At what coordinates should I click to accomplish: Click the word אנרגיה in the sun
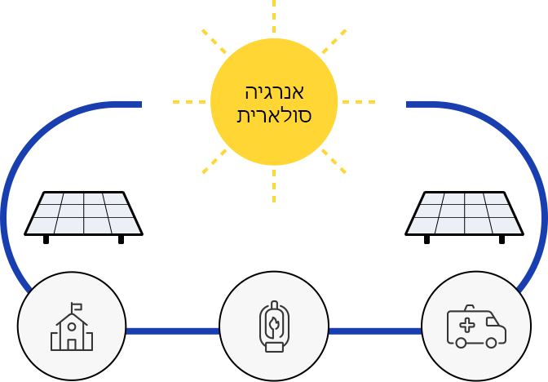click(274, 92)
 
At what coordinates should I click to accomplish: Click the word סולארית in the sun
click(274, 115)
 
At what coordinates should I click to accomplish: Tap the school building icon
click(72, 326)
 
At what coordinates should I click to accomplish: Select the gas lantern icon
click(274, 326)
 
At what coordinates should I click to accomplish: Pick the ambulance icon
click(476, 326)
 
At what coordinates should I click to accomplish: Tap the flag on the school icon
click(77, 307)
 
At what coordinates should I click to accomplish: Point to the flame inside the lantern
click(274, 324)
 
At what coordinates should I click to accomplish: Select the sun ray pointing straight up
click(274, 16)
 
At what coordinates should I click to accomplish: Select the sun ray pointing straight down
click(274, 186)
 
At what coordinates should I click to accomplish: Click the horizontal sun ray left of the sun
click(189, 102)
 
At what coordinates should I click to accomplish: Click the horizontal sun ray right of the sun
click(359, 102)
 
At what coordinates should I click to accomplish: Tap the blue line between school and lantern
click(173, 331)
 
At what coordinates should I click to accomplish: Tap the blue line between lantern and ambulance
click(375, 331)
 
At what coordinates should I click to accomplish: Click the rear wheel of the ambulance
click(461, 343)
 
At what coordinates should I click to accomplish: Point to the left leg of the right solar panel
click(426, 240)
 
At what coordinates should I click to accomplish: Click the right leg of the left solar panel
click(122, 240)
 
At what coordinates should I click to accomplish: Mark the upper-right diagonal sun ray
click(334, 42)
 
